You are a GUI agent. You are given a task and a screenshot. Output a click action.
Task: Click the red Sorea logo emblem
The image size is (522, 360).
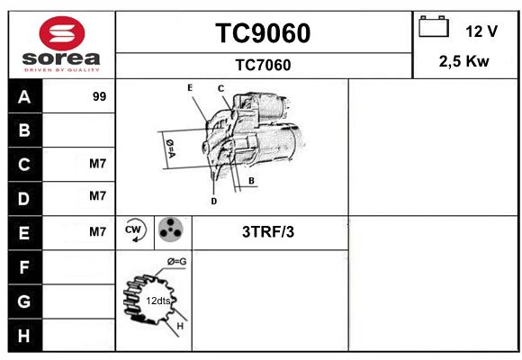62,33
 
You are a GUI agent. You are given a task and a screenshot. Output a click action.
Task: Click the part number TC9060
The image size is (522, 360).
263,33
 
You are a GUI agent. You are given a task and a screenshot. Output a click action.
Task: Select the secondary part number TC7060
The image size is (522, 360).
263,65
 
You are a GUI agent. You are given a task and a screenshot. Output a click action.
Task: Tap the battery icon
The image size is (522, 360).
434,26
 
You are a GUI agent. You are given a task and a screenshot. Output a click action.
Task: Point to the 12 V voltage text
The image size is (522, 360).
481,31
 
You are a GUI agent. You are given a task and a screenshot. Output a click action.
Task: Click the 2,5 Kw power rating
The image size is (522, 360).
464,61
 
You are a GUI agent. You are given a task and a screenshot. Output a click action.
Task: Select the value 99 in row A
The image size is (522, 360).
99,96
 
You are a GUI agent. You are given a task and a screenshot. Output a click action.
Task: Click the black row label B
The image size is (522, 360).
25,130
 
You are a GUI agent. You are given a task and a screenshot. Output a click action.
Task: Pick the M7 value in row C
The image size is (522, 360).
97,164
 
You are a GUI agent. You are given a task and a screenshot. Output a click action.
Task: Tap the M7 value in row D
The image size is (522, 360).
97,196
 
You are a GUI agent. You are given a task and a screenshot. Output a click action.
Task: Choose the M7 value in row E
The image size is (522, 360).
97,231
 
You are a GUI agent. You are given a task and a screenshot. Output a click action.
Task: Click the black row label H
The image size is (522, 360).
24,336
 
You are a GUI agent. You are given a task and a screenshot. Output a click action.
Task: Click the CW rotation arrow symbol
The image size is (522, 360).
134,229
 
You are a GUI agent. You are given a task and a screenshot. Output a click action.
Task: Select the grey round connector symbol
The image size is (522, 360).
170,229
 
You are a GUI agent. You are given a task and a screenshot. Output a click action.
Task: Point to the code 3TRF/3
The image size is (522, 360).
268,232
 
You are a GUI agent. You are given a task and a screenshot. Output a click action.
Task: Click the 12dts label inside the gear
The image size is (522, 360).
158,301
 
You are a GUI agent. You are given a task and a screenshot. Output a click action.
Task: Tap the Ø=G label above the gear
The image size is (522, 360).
176,262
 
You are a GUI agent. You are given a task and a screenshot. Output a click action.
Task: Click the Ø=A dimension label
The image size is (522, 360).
170,148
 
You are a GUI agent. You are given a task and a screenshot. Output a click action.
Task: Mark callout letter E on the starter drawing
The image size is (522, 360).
190,88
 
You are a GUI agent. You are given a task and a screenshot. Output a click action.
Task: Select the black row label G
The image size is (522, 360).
24,301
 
